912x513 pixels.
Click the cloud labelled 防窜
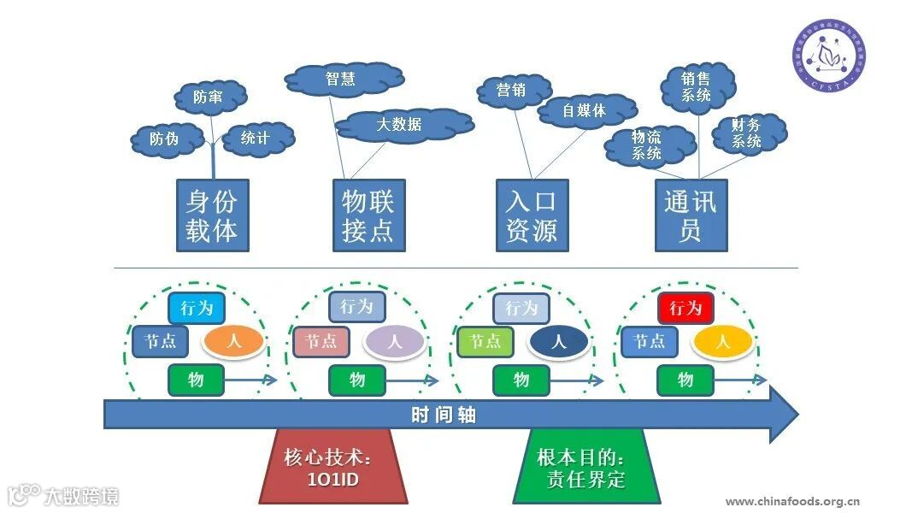coord(208,98)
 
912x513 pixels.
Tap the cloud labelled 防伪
coord(164,139)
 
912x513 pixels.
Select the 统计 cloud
coord(256,139)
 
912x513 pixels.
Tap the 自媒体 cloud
coord(585,110)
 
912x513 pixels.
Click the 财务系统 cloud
coord(745,133)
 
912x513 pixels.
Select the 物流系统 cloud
coord(647,144)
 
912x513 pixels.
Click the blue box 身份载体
coord(212,215)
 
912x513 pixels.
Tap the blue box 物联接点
coord(368,215)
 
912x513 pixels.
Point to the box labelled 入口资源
coord(532,215)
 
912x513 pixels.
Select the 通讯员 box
coord(691,215)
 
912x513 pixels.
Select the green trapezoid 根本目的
coord(586,468)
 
